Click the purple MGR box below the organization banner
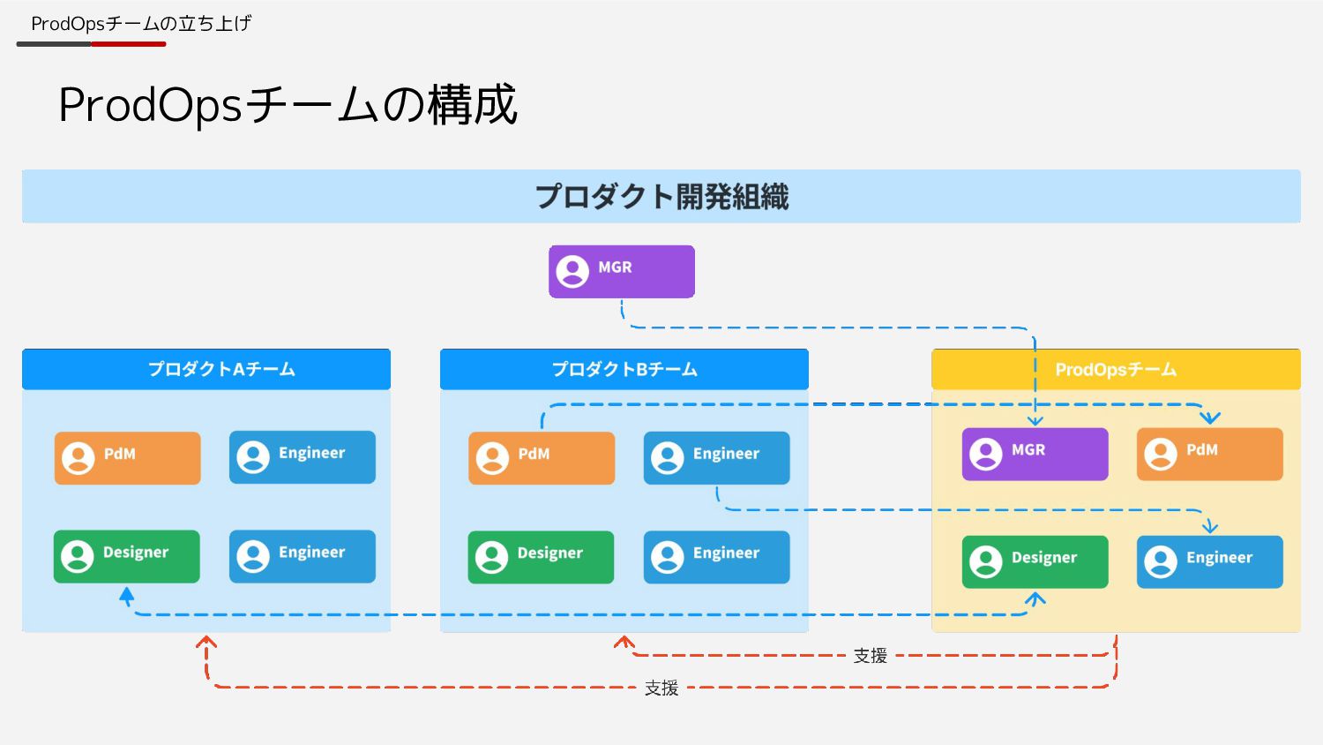point(621,271)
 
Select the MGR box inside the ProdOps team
point(1034,454)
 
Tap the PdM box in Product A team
point(127,457)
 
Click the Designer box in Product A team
point(126,556)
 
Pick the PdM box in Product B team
point(541,457)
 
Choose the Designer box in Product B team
point(540,557)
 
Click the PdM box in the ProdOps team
point(1208,454)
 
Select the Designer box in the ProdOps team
point(1034,561)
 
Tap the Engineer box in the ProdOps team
point(1208,561)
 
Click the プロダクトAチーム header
point(221,369)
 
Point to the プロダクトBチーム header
point(624,369)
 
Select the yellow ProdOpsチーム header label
point(1116,369)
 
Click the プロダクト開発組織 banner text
point(661,196)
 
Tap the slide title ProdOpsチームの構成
point(288,105)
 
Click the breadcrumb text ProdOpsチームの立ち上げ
point(141,24)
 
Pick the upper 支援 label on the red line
point(870,656)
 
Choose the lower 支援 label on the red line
point(661,688)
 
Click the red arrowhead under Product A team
point(206,643)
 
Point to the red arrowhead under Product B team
point(624,643)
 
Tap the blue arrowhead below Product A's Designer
point(127,598)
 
